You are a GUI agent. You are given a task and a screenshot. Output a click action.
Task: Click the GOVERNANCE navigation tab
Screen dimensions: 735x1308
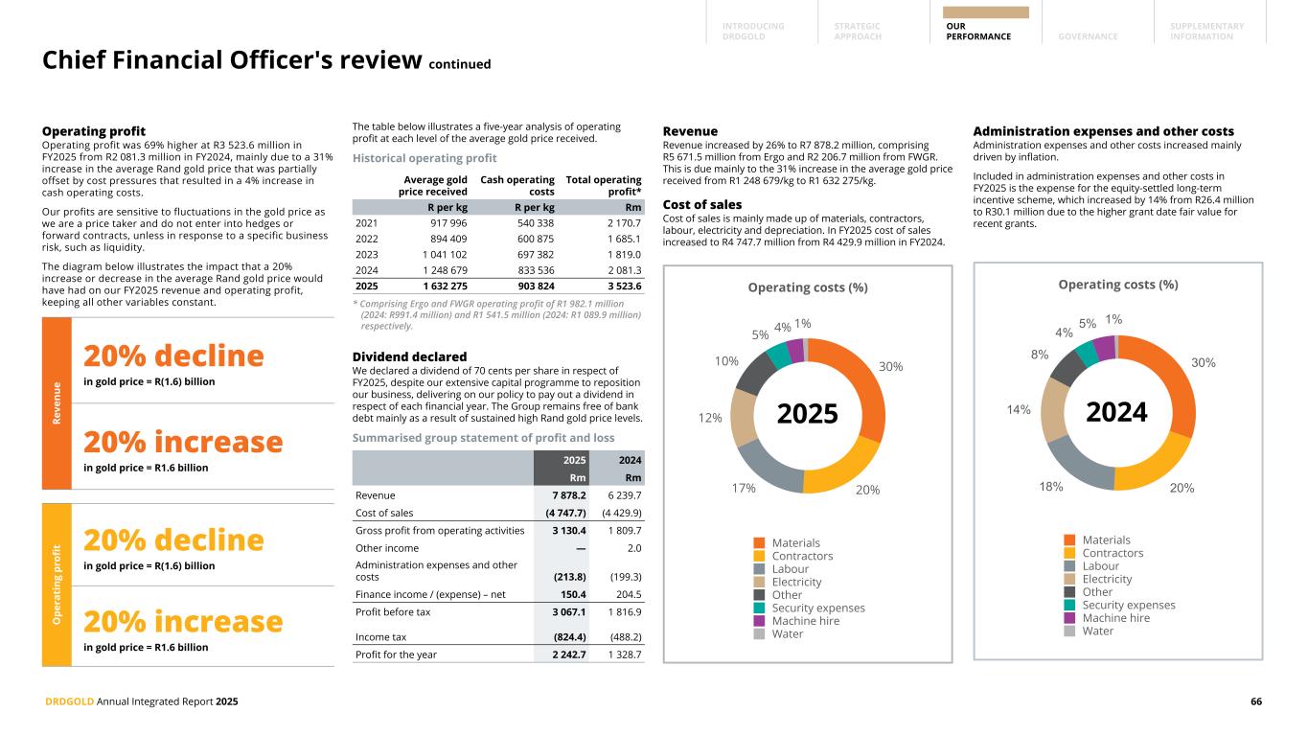(x=1088, y=36)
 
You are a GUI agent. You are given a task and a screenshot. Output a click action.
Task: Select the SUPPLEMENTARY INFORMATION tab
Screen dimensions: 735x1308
(x=1206, y=32)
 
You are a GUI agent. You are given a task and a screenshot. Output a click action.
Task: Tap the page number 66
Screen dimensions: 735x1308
(x=1255, y=701)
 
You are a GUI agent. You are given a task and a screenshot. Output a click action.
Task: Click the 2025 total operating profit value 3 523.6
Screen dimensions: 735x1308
(x=621, y=286)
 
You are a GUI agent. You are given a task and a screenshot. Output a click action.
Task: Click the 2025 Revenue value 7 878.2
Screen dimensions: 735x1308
(x=566, y=495)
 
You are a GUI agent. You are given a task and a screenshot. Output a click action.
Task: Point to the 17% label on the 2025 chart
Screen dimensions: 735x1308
(x=744, y=488)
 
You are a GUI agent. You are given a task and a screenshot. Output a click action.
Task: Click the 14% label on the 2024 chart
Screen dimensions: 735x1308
(x=1019, y=410)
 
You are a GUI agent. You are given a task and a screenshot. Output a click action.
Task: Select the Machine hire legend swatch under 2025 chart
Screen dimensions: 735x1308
(x=760, y=621)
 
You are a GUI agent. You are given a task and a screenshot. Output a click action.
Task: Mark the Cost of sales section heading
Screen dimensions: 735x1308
(x=701, y=204)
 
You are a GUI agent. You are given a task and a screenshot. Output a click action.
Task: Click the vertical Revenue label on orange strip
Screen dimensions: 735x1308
(x=57, y=402)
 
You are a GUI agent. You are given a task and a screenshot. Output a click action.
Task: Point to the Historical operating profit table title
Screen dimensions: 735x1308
(x=425, y=158)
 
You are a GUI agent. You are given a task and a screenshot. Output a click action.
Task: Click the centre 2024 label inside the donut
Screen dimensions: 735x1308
(x=1117, y=413)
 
